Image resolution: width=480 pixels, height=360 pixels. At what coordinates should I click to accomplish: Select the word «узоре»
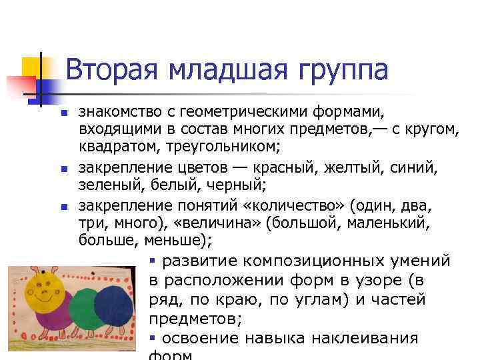374,280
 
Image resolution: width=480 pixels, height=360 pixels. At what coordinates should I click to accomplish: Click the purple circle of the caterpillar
52,323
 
